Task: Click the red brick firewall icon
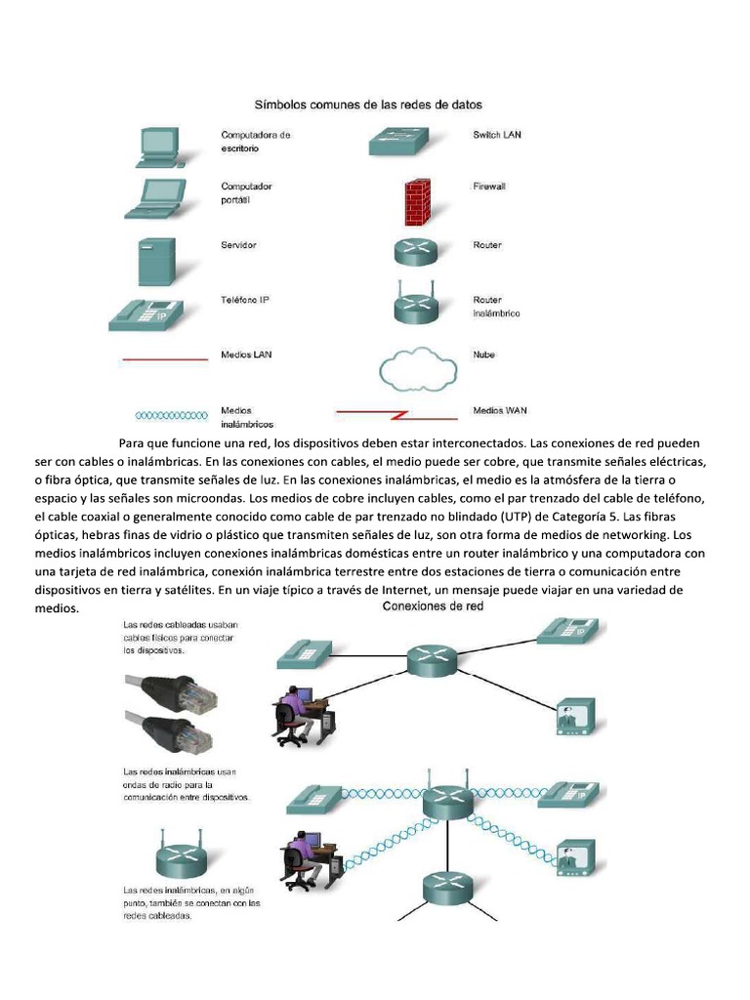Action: coord(417,201)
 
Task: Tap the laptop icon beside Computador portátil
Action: coord(153,198)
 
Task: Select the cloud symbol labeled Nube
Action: coord(417,368)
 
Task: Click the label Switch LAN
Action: coord(497,135)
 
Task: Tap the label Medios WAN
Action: coord(500,411)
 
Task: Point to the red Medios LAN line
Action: coord(164,359)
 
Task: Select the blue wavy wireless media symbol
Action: coord(163,415)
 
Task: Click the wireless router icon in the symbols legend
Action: coord(417,304)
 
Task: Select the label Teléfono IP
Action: coord(245,300)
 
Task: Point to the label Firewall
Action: coord(489,186)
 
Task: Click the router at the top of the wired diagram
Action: coord(430,659)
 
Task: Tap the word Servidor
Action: coord(238,245)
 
